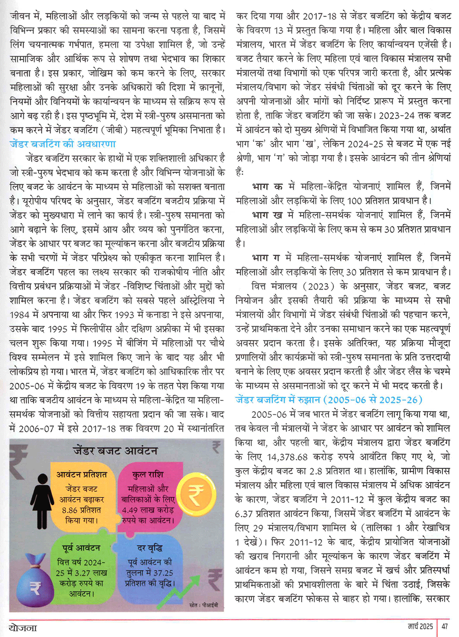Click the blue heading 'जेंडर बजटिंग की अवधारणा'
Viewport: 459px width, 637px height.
(62, 144)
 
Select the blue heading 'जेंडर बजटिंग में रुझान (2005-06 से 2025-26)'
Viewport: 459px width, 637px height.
(329, 400)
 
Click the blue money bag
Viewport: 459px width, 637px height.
(35, 581)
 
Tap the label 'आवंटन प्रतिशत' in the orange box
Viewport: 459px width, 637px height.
(82, 475)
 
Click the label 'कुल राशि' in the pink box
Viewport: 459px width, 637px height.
(147, 475)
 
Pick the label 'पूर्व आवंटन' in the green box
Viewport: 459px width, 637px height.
(81, 548)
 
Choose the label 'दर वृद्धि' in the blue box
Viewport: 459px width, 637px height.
(150, 548)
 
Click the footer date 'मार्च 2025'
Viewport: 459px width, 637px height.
(420, 626)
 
